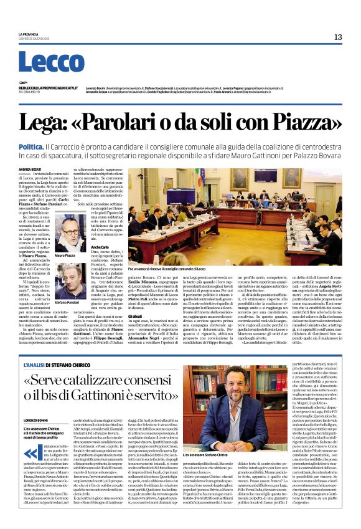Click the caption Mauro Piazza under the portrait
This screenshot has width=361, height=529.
click(x=65, y=255)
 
